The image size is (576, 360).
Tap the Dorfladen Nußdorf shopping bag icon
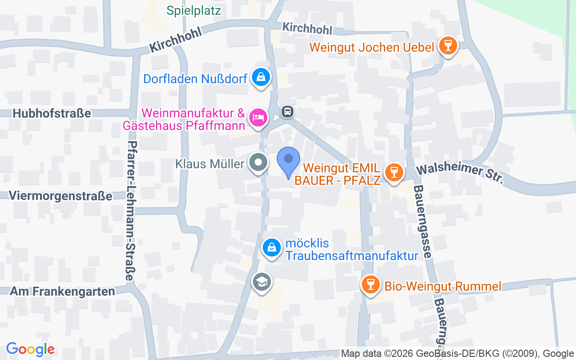[x=261, y=77]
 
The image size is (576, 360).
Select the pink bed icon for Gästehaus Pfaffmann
[x=258, y=117]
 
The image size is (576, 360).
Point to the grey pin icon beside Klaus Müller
[x=258, y=162]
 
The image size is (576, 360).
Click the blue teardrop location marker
[x=288, y=161]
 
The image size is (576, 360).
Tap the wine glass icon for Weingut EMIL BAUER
[x=394, y=172]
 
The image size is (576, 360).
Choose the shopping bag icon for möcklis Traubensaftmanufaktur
[x=271, y=248]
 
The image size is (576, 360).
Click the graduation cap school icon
[x=261, y=282]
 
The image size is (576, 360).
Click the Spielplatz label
[x=193, y=10]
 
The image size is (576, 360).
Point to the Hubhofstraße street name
[x=52, y=113]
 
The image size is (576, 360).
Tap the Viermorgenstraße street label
[x=60, y=196]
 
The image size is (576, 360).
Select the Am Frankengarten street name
[x=63, y=291]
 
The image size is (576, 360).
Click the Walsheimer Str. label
[x=459, y=174]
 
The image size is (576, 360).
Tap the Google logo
[x=30, y=349]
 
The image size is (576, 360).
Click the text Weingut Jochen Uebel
[x=372, y=47]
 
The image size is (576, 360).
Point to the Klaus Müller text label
[x=210, y=164]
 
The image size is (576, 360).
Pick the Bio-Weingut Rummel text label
[x=442, y=286]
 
